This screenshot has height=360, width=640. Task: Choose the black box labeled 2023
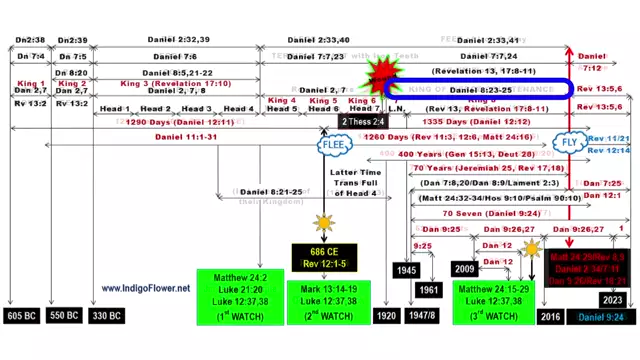coord(612,299)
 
